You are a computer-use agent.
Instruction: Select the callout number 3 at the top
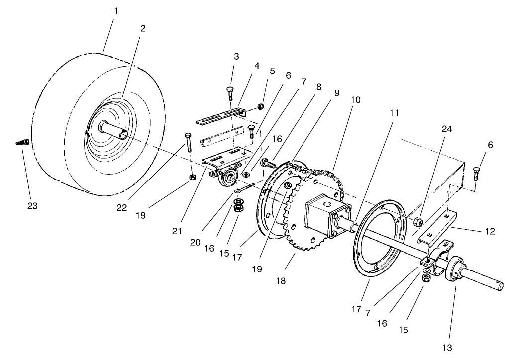click(236, 57)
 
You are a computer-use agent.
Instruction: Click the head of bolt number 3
click(231, 89)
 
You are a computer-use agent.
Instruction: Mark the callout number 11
click(394, 113)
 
